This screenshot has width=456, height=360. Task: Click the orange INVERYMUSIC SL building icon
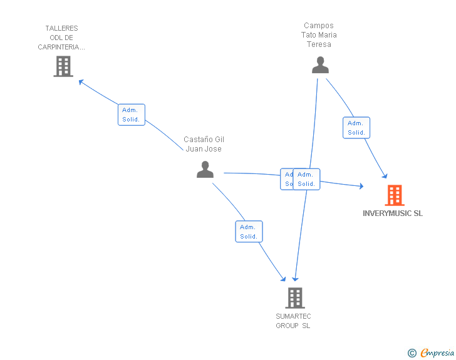(x=394, y=195)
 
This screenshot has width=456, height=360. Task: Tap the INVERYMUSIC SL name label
(x=393, y=213)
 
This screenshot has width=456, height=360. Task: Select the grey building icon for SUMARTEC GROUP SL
(x=294, y=298)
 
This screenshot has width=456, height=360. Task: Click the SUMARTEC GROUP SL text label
(x=293, y=321)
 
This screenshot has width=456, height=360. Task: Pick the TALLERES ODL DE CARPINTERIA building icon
(x=63, y=66)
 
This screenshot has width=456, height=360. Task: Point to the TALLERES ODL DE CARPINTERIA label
(x=61, y=38)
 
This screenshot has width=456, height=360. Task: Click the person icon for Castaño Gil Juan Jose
(x=205, y=169)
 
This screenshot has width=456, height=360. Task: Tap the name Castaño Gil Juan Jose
(x=204, y=144)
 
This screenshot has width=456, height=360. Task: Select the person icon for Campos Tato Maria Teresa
(x=320, y=65)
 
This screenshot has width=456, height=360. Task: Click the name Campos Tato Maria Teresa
(x=319, y=35)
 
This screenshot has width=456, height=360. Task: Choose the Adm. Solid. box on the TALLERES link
(x=132, y=115)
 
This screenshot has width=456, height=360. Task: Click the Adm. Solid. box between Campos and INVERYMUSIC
(x=356, y=128)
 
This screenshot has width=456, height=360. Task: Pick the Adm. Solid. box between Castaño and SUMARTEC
(x=249, y=232)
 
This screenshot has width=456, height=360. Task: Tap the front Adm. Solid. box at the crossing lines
(x=306, y=179)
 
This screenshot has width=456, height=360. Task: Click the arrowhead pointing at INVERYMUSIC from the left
(x=361, y=186)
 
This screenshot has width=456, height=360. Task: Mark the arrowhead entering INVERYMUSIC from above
(x=385, y=177)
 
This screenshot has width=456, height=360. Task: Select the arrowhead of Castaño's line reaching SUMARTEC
(x=283, y=279)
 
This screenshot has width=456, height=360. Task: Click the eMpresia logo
(x=437, y=353)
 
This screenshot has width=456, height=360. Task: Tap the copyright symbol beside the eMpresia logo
(x=412, y=354)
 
